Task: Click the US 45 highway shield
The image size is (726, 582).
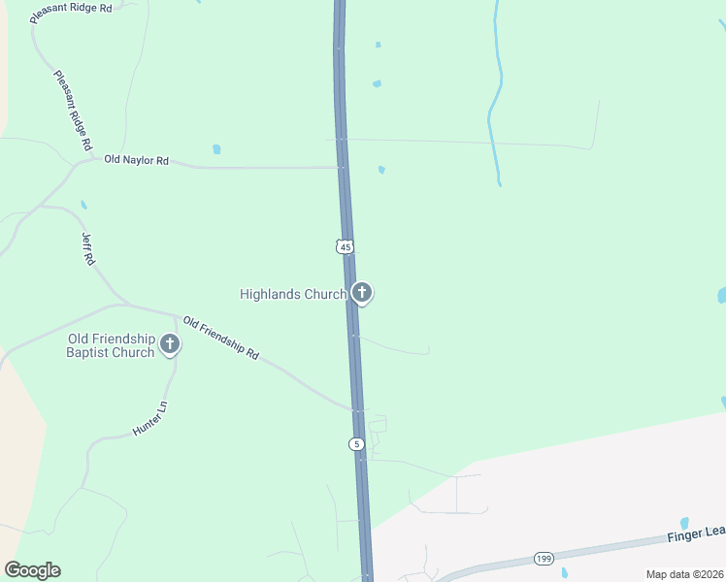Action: (x=346, y=247)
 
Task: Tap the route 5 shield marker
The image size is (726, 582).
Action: (x=357, y=444)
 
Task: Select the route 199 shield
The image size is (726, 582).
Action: (x=543, y=560)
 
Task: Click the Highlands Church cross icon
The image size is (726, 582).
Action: (x=362, y=292)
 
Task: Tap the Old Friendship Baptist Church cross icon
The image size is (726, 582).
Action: (x=170, y=343)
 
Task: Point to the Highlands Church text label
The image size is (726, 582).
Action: (x=293, y=294)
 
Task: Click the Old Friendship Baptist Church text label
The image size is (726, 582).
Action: (x=111, y=345)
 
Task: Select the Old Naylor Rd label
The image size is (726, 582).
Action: (x=137, y=160)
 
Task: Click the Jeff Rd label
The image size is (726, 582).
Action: (x=88, y=247)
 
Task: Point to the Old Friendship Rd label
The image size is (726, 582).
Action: (x=221, y=339)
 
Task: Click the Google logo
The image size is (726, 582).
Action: (x=32, y=570)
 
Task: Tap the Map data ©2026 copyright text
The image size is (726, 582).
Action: (x=684, y=574)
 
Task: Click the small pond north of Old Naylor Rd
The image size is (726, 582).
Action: (x=216, y=149)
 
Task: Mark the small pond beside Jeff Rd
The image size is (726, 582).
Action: (x=83, y=206)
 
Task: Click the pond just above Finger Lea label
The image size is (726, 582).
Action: (x=684, y=522)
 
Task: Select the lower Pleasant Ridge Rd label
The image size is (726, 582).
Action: (x=73, y=109)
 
